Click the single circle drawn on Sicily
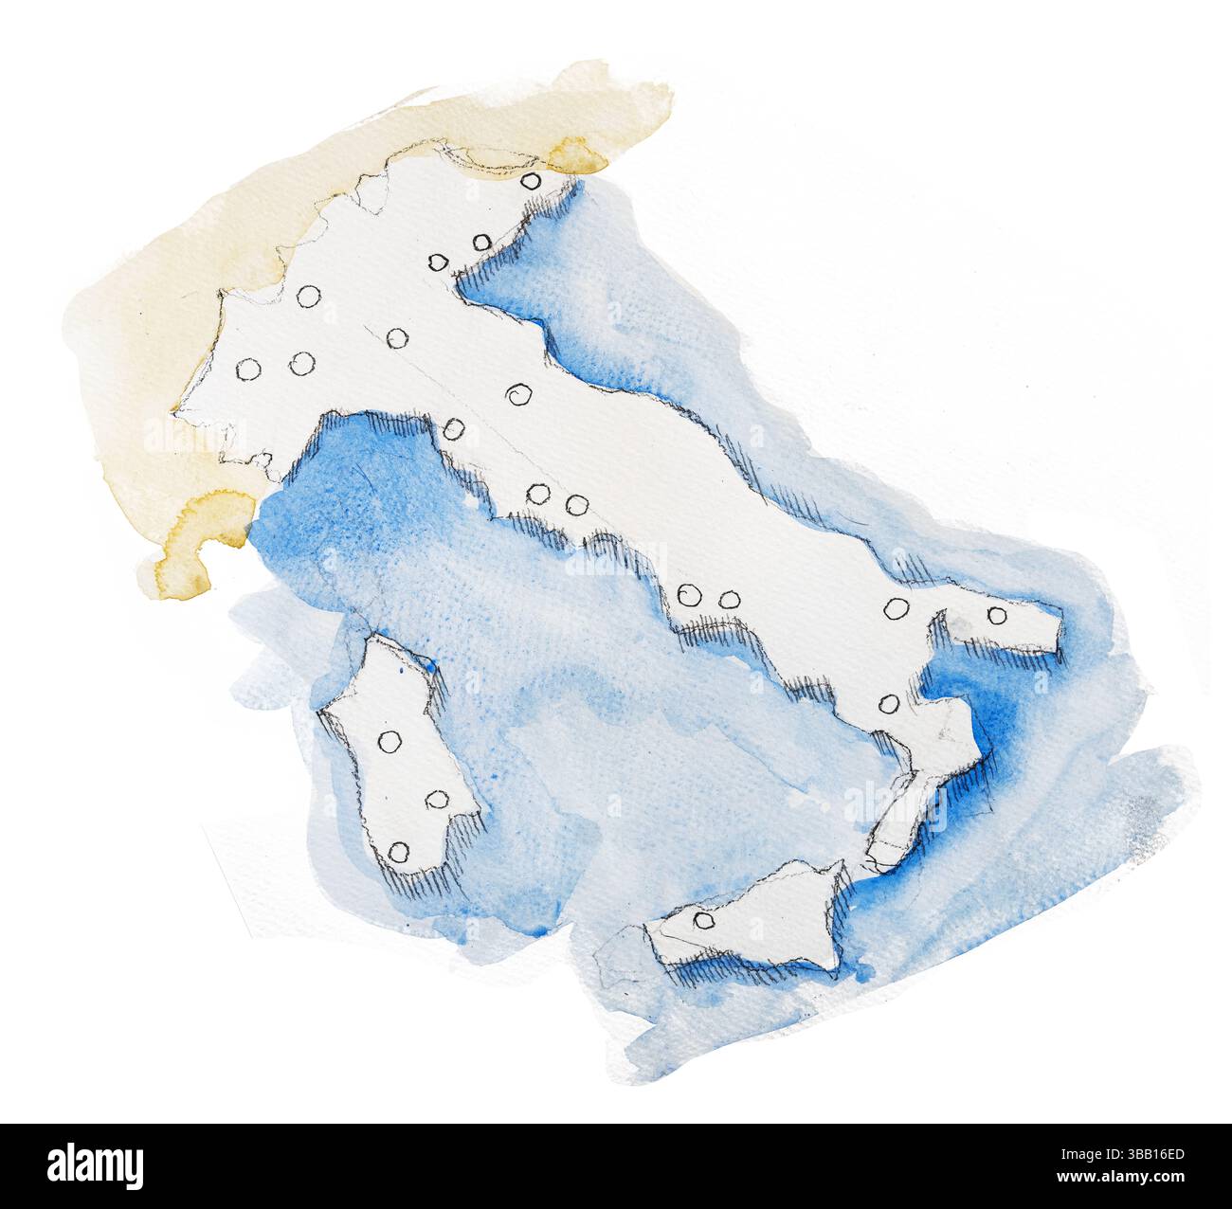click(x=702, y=920)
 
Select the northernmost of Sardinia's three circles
click(x=388, y=742)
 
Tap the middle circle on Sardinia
click(x=437, y=800)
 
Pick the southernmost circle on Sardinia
click(x=398, y=852)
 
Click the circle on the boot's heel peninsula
click(x=997, y=615)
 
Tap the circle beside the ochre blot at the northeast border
click(x=531, y=180)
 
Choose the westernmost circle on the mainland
click(x=248, y=370)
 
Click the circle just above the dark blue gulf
click(x=888, y=702)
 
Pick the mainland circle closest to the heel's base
click(x=896, y=607)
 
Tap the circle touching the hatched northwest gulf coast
click(x=454, y=431)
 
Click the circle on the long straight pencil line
click(x=397, y=337)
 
